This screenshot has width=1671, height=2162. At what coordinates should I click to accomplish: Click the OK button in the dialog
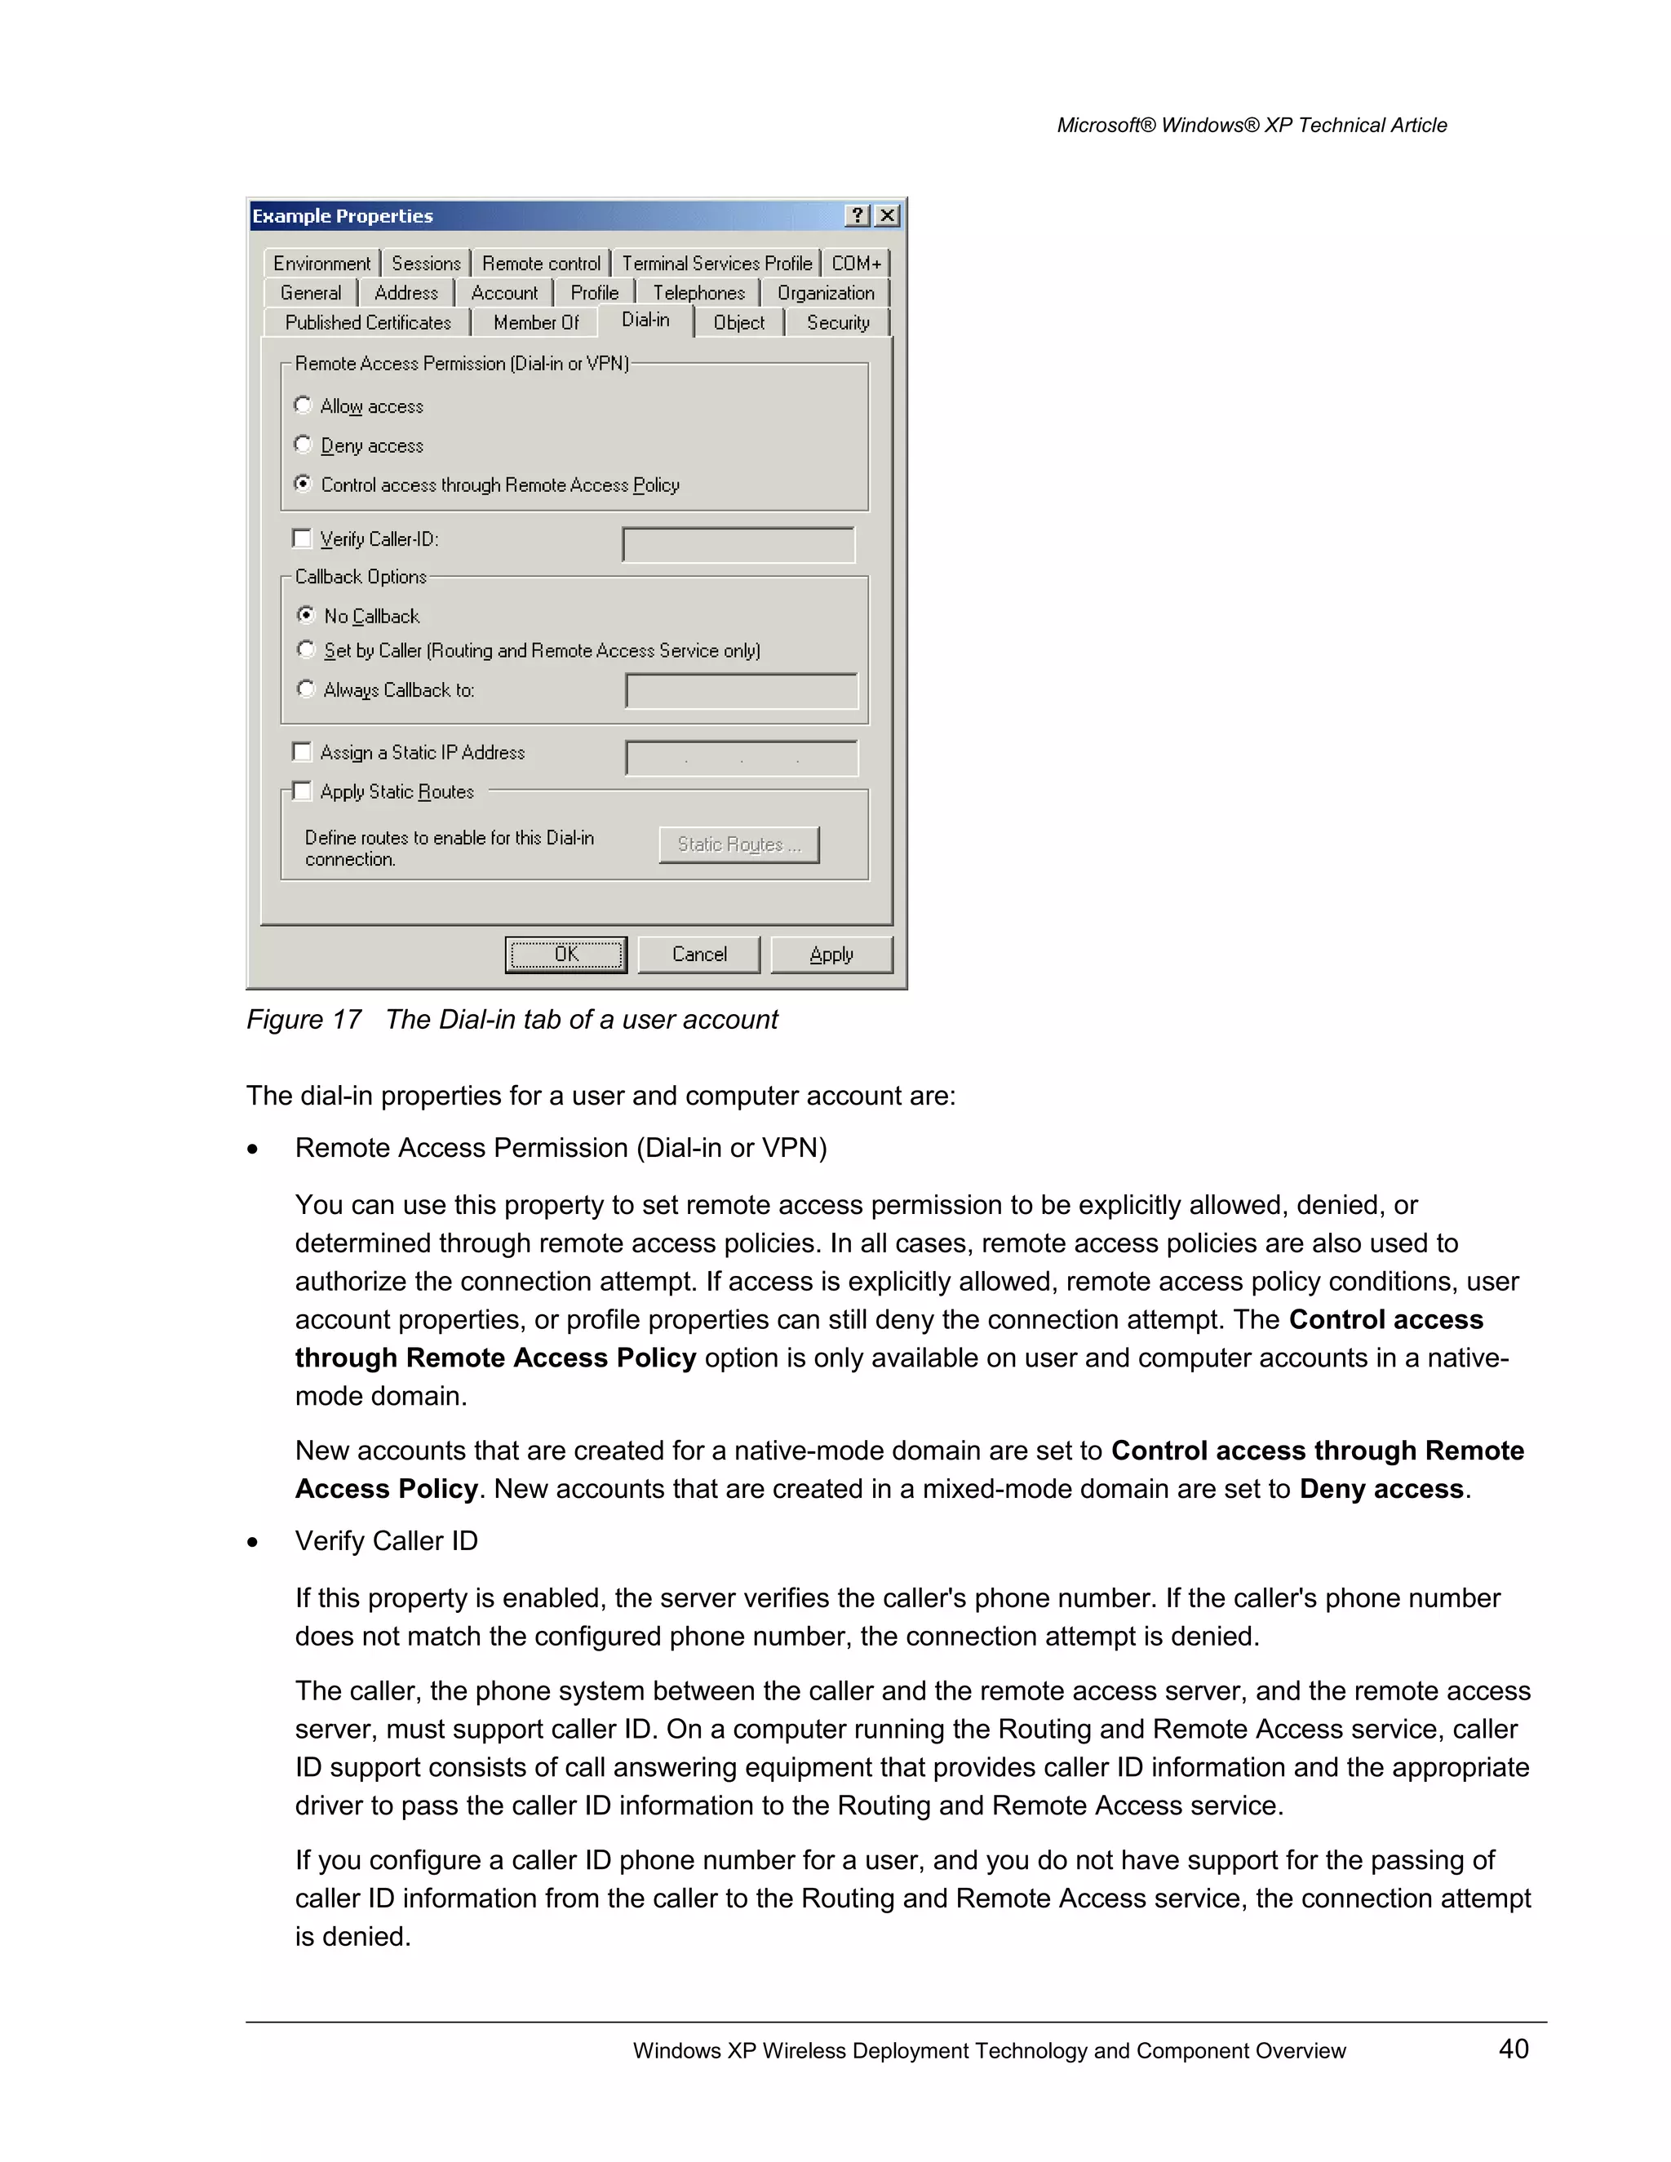coord(565,955)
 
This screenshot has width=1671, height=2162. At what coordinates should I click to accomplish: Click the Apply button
coord(831,955)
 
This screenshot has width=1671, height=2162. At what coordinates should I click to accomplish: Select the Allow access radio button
coord(303,405)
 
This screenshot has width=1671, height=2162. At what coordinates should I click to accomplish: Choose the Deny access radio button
coord(303,445)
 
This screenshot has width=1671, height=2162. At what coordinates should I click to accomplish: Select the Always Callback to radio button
coord(306,689)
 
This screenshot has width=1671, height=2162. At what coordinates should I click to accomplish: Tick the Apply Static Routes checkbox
coord(303,791)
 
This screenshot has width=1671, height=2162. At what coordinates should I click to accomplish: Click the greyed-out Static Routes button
coord(738,844)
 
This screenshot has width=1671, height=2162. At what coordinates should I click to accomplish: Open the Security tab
coord(837,323)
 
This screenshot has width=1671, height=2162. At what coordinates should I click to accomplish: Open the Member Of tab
coord(535,323)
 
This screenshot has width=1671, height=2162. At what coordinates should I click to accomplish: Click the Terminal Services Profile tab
coord(716,264)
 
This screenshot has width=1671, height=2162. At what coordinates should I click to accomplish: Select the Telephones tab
coord(698,293)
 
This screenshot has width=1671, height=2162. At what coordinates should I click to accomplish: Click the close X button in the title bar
coord(888,216)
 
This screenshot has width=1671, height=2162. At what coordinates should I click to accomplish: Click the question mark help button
coord(858,216)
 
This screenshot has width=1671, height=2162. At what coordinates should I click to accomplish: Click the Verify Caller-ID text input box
coord(738,544)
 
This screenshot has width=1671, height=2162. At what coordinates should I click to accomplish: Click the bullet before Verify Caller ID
coord(254,1542)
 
